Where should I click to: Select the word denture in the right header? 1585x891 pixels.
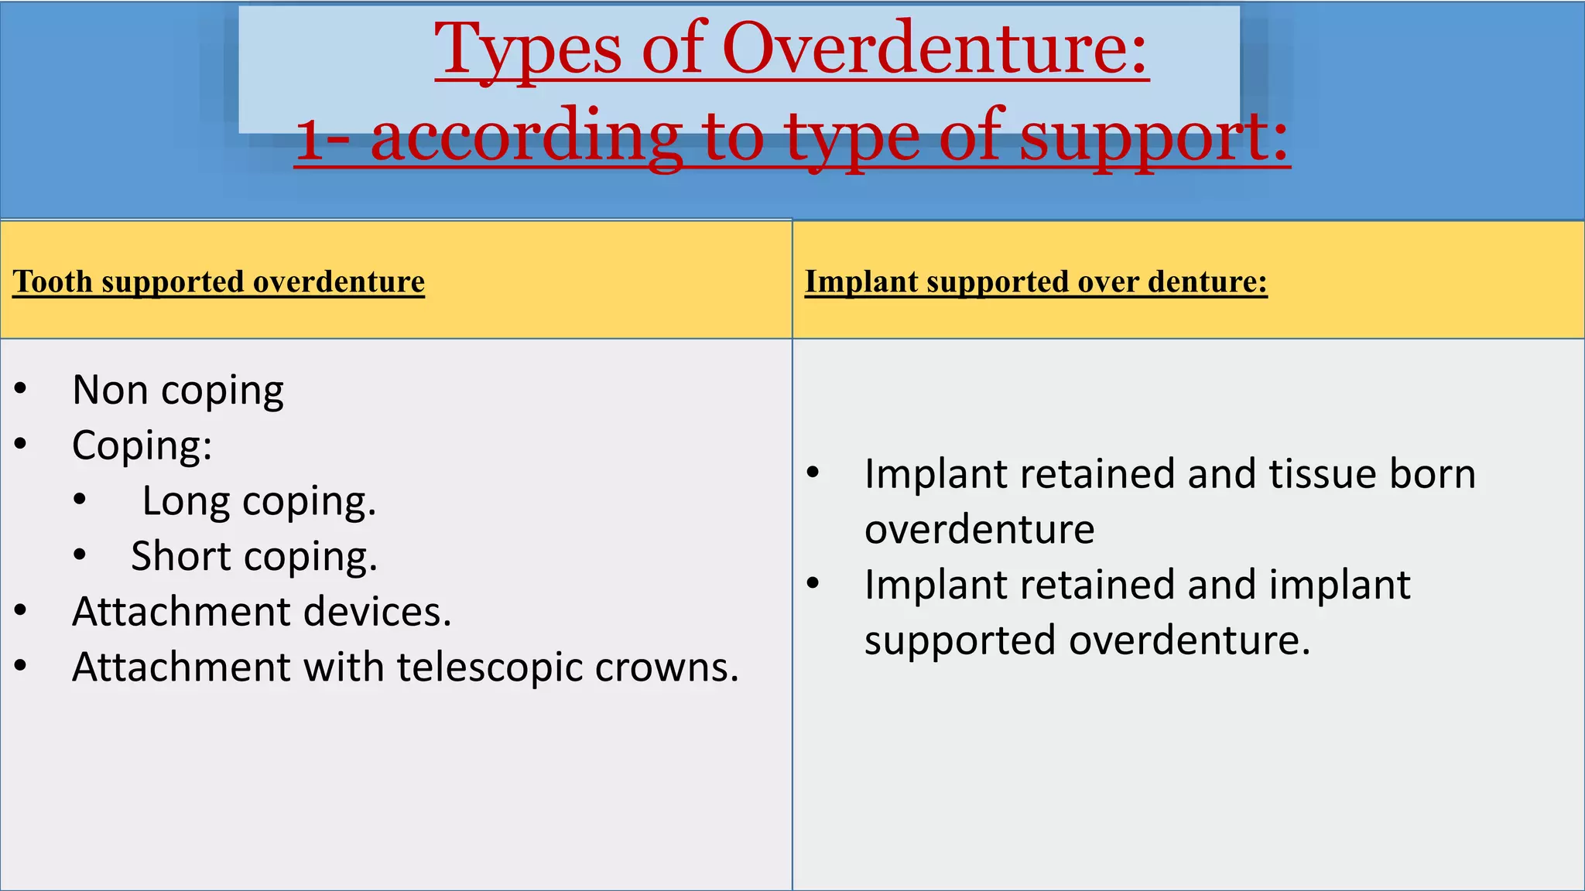click(1207, 282)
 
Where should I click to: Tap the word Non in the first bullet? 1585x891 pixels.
click(110, 390)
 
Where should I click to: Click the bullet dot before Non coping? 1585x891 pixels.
click(21, 389)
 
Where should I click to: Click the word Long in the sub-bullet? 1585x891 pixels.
click(186, 501)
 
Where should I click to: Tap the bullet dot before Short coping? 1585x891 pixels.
click(80, 555)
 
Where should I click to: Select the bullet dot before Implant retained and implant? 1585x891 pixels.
click(813, 583)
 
